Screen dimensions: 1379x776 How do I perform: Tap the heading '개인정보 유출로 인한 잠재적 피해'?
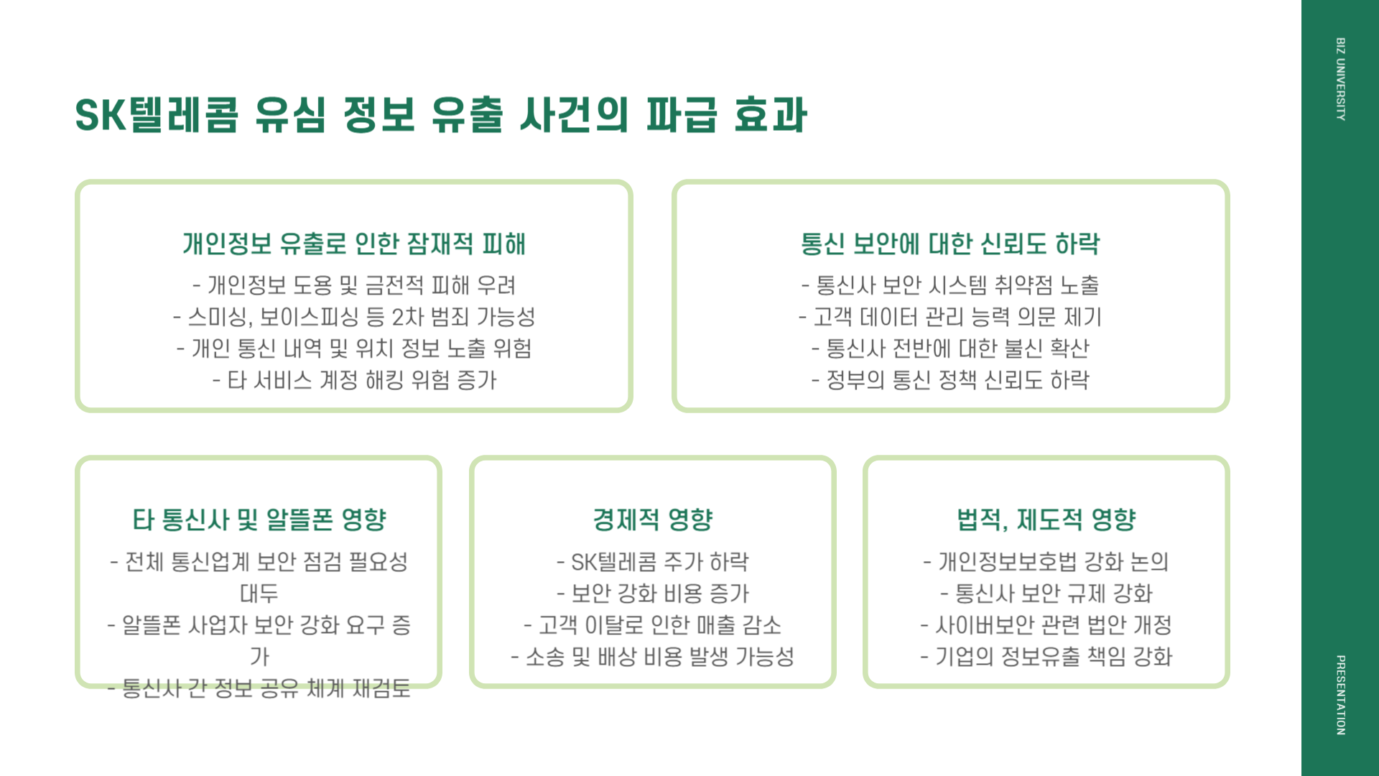[354, 244]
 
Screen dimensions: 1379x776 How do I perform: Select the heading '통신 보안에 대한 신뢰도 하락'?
[950, 244]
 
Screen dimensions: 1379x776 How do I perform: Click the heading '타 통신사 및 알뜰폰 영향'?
[259, 519]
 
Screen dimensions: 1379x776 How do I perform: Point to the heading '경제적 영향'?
[653, 519]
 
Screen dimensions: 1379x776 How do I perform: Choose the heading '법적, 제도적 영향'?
[1046, 519]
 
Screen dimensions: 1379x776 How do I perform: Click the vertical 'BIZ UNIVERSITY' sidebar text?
[1340, 79]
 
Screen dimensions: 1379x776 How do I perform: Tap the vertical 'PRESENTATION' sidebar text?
[1340, 695]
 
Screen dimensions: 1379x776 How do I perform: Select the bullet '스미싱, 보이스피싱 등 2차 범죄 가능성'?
[354, 317]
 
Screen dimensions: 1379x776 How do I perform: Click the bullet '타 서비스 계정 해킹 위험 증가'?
[354, 380]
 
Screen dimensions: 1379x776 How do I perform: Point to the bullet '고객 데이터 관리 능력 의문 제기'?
[950, 317]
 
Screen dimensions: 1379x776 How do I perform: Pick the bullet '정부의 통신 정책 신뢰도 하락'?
[950, 380]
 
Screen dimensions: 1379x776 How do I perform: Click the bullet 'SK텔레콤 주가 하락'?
[653, 562]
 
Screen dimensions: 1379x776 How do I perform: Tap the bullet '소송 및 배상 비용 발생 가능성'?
[653, 657]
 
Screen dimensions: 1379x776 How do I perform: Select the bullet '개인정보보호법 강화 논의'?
[1046, 562]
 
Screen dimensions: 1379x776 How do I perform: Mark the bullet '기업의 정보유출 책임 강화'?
[1046, 657]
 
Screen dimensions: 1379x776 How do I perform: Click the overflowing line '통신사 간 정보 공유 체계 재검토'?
[259, 688]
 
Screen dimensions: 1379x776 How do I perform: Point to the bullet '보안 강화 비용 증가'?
[653, 593]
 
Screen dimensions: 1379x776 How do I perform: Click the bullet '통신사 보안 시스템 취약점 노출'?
[950, 285]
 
